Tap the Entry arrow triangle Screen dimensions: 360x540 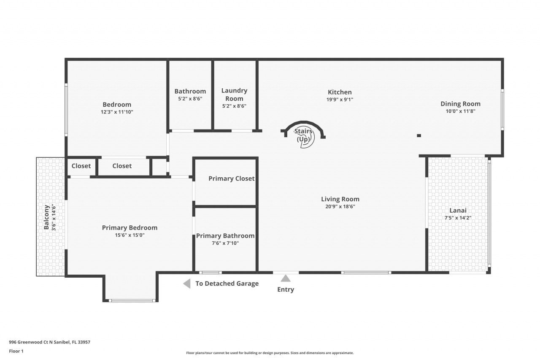click(x=286, y=278)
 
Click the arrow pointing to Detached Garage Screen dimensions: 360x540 click(x=186, y=284)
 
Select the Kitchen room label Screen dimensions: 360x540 click(x=340, y=92)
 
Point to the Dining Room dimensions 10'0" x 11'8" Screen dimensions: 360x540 click(x=460, y=111)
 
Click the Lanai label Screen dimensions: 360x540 click(x=458, y=210)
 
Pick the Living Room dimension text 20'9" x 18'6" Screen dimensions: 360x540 click(x=340, y=207)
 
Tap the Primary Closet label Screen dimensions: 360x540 click(x=231, y=179)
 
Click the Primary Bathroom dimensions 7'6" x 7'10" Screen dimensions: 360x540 click(x=225, y=243)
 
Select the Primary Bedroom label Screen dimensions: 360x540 click(x=130, y=227)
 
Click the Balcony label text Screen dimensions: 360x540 click(x=46, y=217)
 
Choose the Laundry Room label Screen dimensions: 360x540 click(x=234, y=95)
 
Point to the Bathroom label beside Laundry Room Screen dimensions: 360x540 click(x=190, y=91)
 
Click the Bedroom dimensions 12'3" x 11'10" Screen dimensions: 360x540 click(x=117, y=112)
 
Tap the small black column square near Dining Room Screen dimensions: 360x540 click(x=419, y=135)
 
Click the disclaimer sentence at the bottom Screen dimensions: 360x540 click(x=270, y=353)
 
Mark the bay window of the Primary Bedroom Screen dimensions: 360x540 click(x=131, y=300)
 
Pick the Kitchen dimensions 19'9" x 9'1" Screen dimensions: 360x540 click(x=340, y=100)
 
